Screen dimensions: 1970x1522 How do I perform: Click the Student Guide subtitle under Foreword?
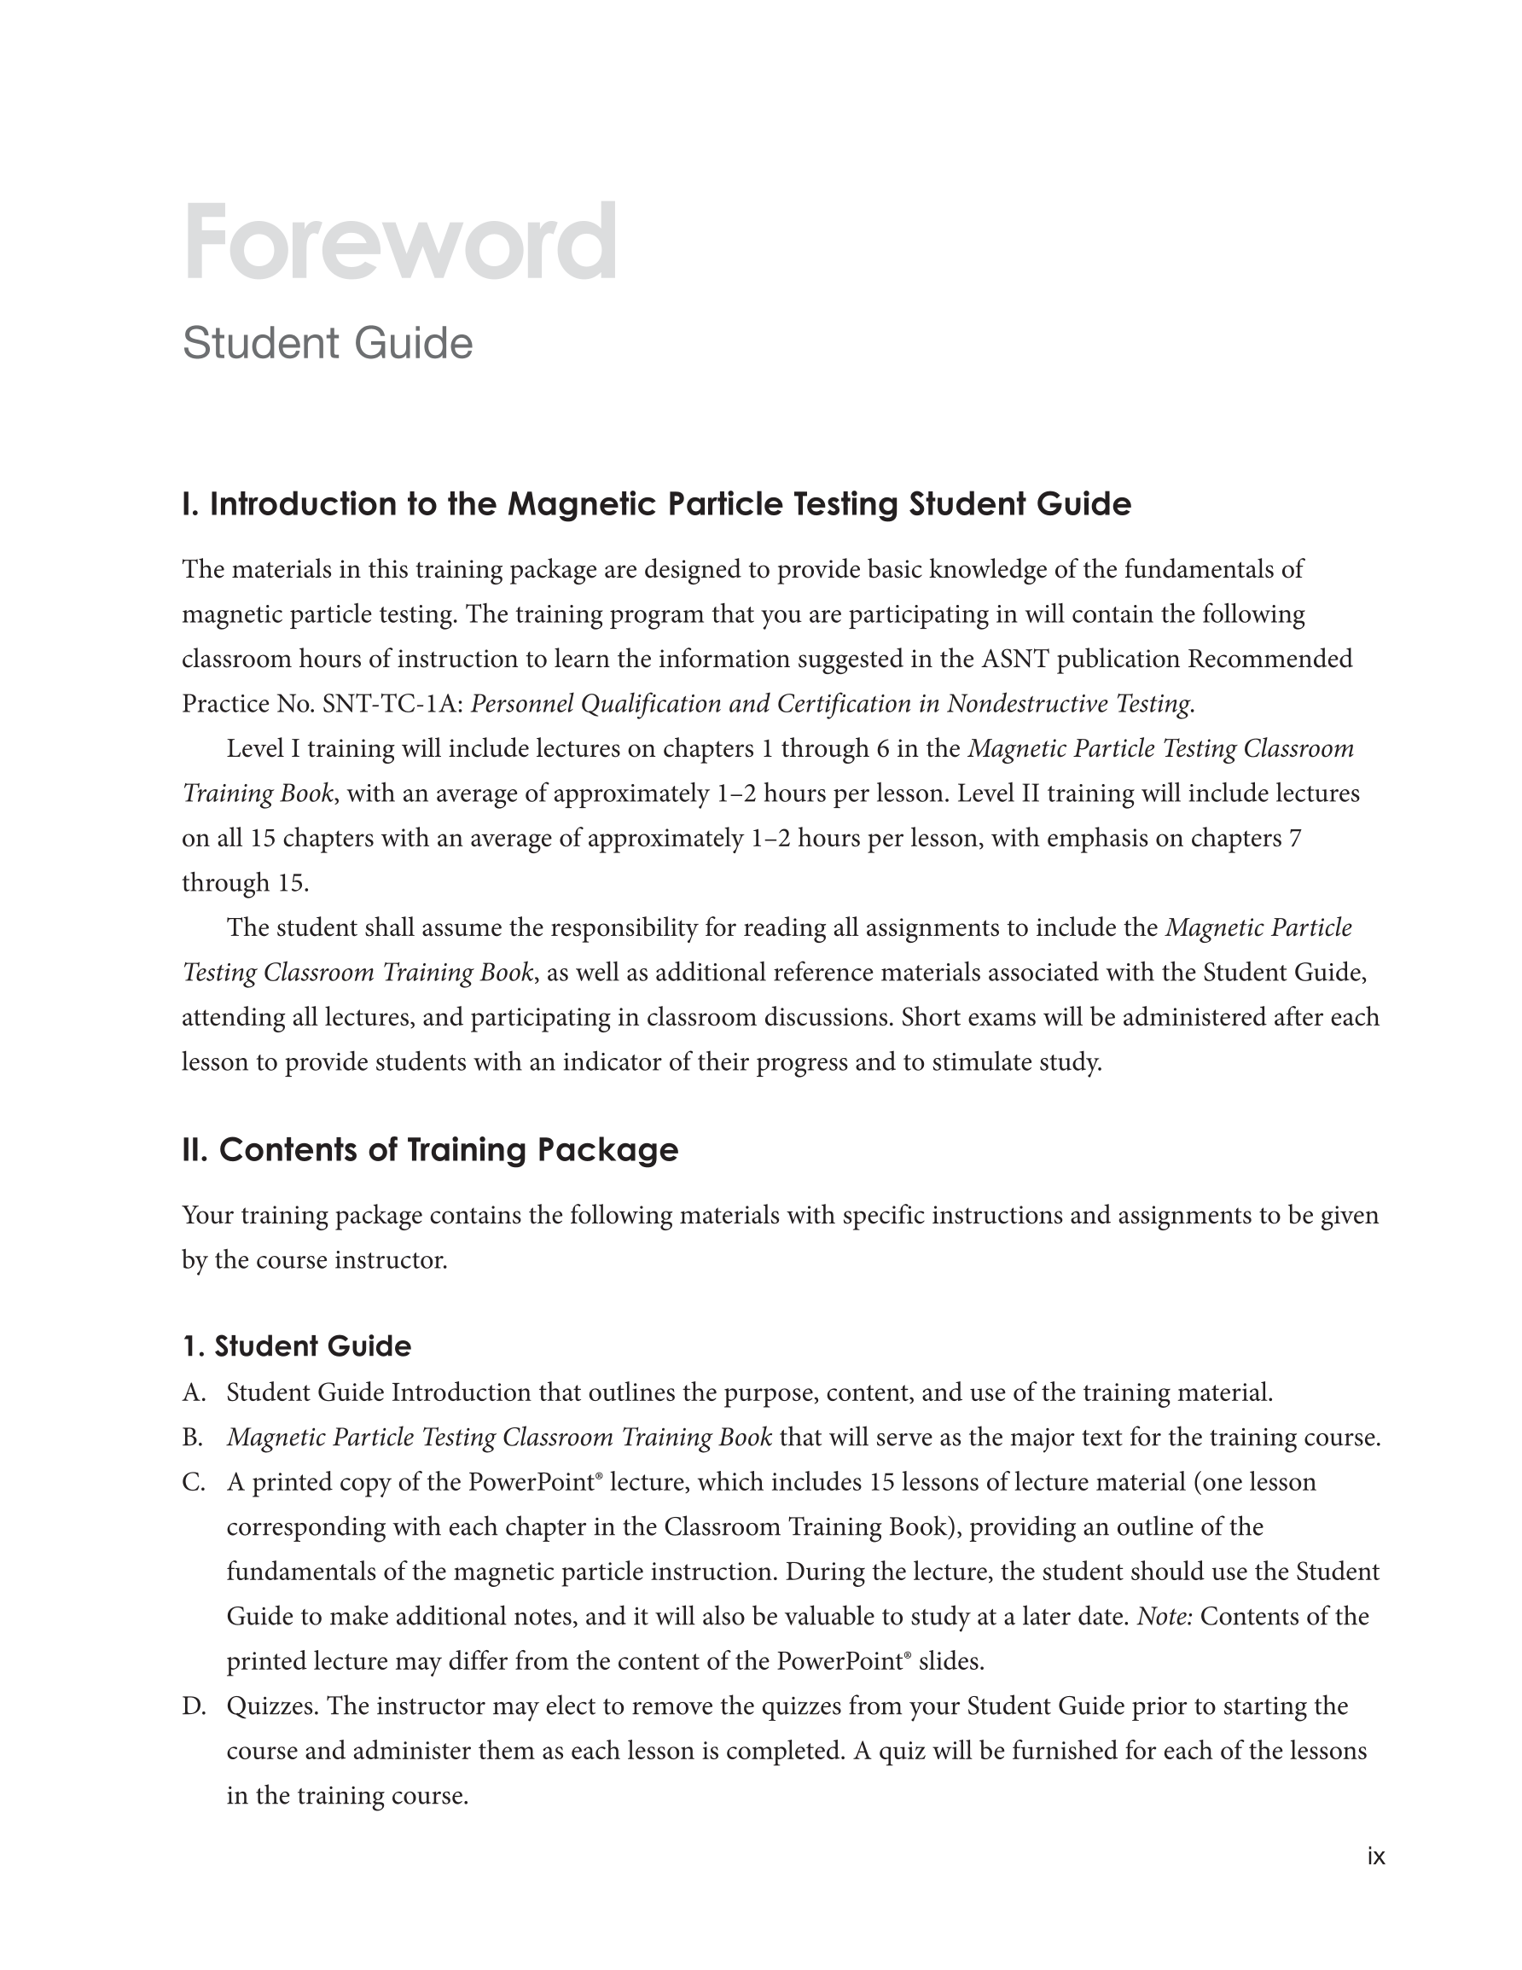pyautogui.click(x=328, y=344)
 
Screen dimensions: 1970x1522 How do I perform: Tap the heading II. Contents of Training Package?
pyautogui.click(x=429, y=1150)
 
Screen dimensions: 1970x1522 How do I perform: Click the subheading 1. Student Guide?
pyautogui.click(x=296, y=1346)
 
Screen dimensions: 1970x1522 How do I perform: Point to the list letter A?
pyautogui.click(x=193, y=1393)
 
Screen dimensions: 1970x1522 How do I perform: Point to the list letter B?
pyautogui.click(x=192, y=1438)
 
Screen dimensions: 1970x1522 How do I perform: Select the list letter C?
pyautogui.click(x=193, y=1483)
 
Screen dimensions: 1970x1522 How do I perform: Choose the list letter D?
pyautogui.click(x=193, y=1706)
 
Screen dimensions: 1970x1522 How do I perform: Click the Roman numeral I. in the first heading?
pyautogui.click(x=190, y=504)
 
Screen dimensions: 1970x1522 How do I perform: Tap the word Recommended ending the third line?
pyautogui.click(x=1269, y=660)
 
